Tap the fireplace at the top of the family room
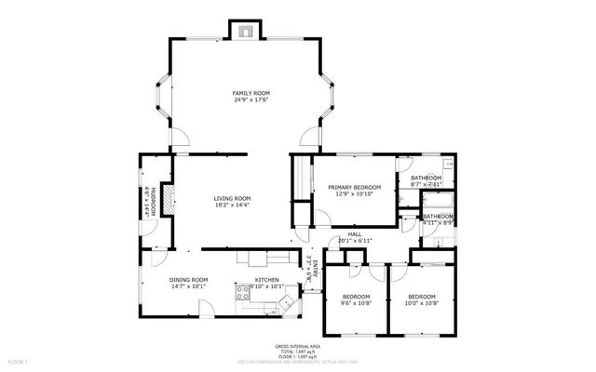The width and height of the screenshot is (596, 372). (245, 31)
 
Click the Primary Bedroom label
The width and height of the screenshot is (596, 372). (355, 187)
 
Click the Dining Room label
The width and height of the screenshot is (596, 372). (188, 280)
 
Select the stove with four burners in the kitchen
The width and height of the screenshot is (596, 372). (287, 302)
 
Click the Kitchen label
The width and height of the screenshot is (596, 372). (267, 280)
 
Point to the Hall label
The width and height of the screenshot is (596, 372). (354, 234)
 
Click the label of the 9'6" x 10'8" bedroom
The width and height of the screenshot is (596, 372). (354, 297)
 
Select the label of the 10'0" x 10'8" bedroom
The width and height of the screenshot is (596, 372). (421, 297)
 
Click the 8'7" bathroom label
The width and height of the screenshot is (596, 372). (426, 178)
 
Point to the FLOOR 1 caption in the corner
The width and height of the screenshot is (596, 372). (18, 359)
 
